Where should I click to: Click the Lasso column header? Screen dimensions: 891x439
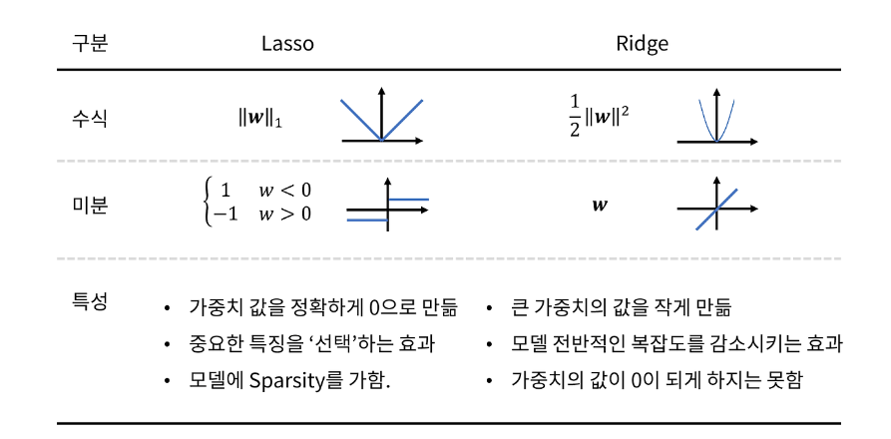click(x=287, y=45)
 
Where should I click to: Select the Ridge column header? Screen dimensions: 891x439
click(x=642, y=45)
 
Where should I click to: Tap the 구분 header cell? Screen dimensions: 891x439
click(x=89, y=45)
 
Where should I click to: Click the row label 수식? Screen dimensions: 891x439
click(x=89, y=119)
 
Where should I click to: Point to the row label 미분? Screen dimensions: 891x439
click(x=89, y=207)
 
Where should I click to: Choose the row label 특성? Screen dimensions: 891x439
click(x=89, y=299)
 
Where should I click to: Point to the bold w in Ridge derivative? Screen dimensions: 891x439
click(x=599, y=207)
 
